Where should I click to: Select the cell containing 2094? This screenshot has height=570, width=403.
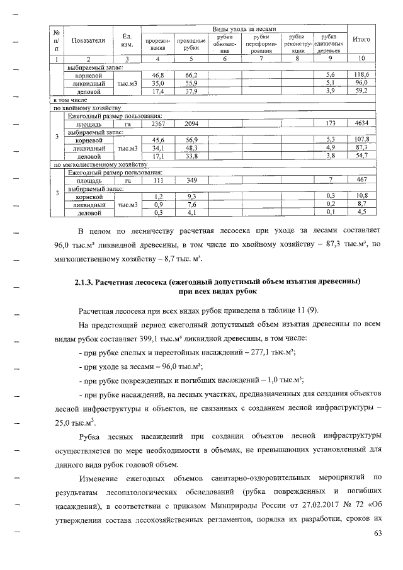[191, 125]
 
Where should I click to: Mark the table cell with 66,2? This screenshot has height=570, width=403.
[191, 75]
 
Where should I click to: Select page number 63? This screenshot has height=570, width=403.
[378, 536]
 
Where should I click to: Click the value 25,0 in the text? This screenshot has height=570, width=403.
[64, 423]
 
